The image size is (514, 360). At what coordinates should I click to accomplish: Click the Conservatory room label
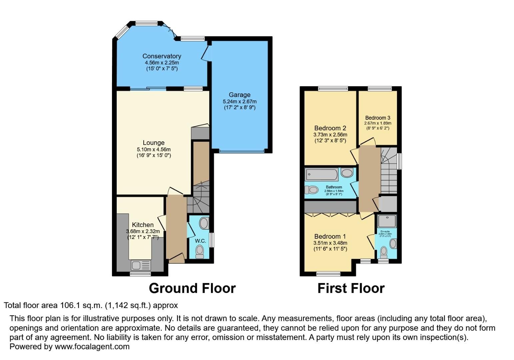click(x=162, y=56)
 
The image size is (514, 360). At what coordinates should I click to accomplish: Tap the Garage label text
click(x=239, y=95)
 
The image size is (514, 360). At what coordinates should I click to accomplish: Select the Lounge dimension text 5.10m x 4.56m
click(x=154, y=149)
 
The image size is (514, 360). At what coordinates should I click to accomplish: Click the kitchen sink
click(x=141, y=265)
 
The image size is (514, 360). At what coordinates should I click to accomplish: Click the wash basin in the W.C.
click(x=204, y=223)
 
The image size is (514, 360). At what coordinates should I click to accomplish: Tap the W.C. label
click(x=200, y=241)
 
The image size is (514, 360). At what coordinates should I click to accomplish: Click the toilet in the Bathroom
click(x=312, y=190)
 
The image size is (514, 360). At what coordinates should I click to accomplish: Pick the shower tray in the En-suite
click(x=387, y=221)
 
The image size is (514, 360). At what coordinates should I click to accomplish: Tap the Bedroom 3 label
click(x=377, y=118)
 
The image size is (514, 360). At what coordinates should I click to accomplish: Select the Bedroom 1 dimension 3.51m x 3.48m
click(x=330, y=243)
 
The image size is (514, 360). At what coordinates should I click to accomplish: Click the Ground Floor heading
click(x=192, y=288)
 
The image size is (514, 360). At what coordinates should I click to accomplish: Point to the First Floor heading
click(x=351, y=288)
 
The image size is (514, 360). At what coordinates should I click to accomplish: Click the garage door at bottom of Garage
click(x=242, y=151)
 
